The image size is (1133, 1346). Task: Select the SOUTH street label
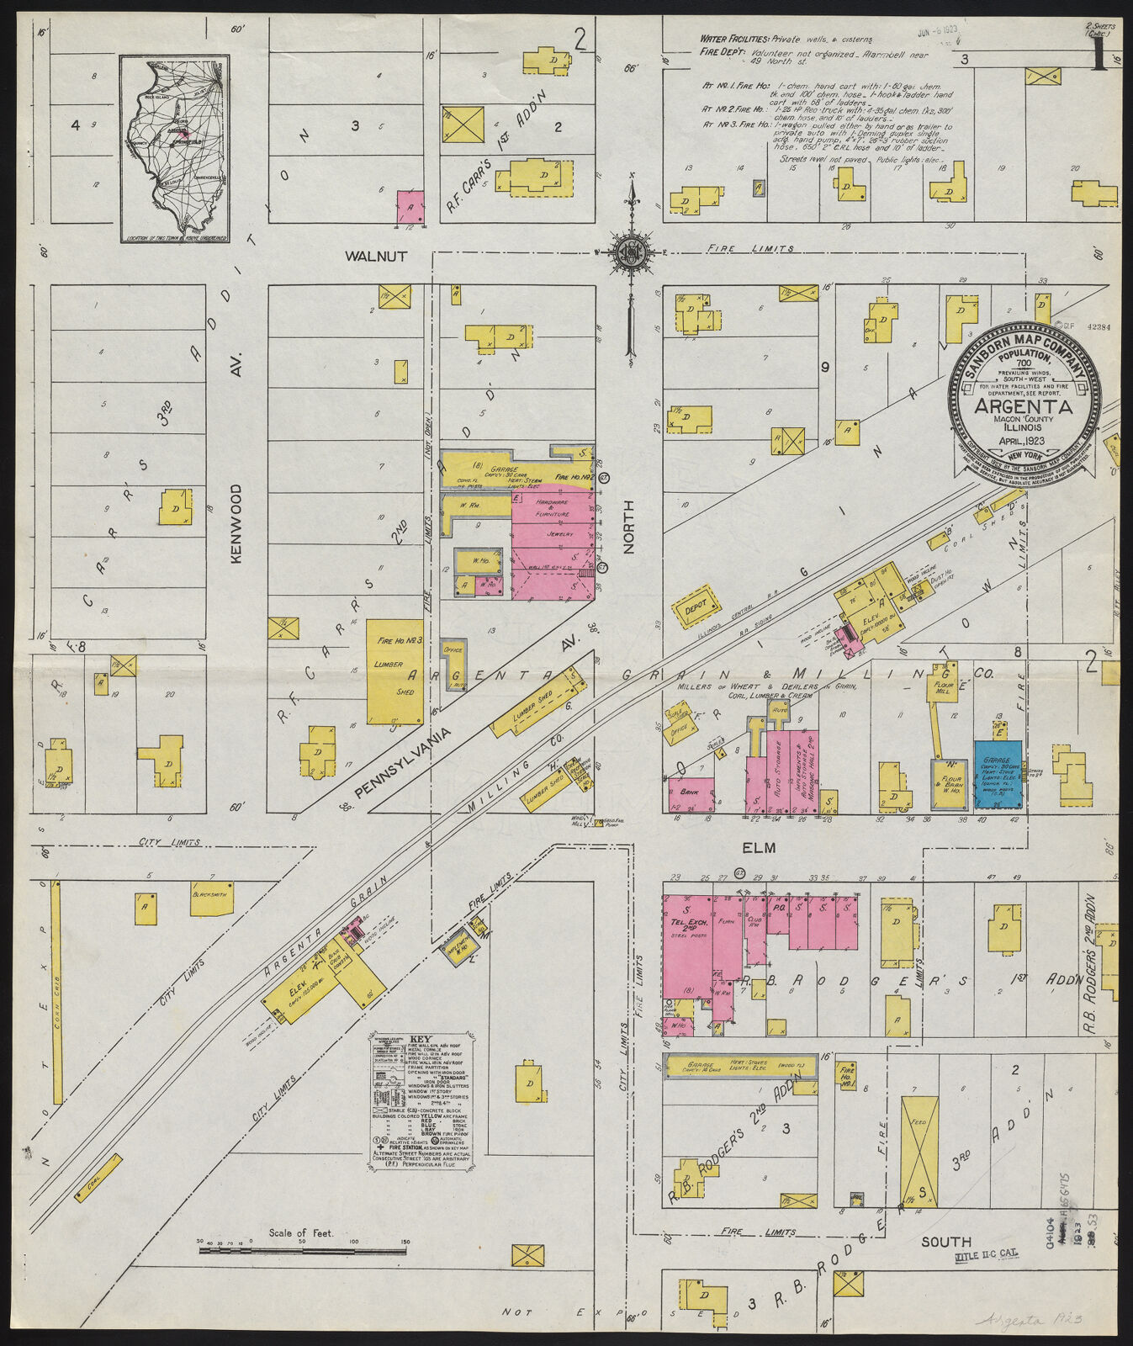[x=945, y=1241]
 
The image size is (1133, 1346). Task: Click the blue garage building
[x=998, y=774]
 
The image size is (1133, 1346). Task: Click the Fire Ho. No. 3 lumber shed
[x=394, y=671]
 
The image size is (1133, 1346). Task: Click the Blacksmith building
[x=212, y=898]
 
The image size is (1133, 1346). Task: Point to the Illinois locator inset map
[x=174, y=149]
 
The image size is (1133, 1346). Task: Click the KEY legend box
[x=423, y=1100]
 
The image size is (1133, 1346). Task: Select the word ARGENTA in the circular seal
[x=1023, y=406]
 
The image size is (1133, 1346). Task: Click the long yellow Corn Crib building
[x=56, y=993]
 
